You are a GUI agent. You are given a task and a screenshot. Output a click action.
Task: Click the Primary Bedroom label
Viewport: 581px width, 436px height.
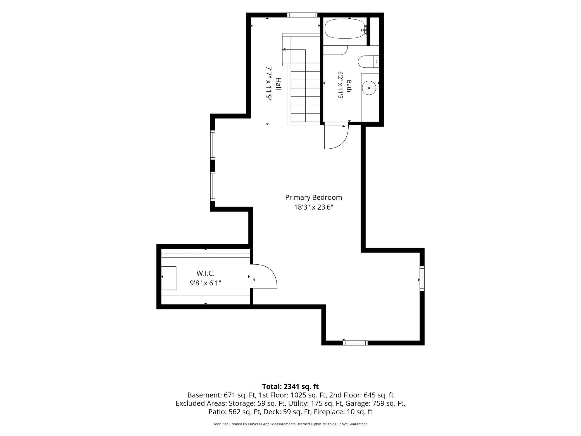coord(313,198)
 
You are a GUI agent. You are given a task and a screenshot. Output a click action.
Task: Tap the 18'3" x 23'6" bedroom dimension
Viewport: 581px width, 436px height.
coord(313,207)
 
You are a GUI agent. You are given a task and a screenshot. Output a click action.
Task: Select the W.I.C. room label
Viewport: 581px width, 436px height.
coord(205,273)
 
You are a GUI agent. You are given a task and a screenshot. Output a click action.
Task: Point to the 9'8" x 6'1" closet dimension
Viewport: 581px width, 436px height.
coord(205,283)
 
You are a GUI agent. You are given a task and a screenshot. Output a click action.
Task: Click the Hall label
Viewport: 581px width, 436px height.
coord(278,84)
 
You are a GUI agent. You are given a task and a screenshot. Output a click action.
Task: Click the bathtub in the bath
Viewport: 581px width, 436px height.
coord(346,29)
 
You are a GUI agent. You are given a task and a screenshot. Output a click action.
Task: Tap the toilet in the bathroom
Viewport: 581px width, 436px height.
coord(368,62)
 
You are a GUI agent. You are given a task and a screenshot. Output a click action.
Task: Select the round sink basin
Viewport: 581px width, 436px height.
coord(369,88)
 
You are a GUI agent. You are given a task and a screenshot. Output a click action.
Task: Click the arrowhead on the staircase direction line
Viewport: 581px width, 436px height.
coord(284,50)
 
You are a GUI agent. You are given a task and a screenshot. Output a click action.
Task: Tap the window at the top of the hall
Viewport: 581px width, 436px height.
coord(302,15)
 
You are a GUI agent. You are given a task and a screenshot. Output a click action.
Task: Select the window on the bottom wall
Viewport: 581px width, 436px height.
coord(355,343)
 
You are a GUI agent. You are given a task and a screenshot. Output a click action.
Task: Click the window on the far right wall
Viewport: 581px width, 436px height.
coord(422,279)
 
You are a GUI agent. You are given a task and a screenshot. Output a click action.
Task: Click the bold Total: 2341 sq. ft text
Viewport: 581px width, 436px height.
coord(290,387)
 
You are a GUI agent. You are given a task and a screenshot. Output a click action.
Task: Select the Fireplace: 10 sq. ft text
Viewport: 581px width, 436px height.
coord(343,412)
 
